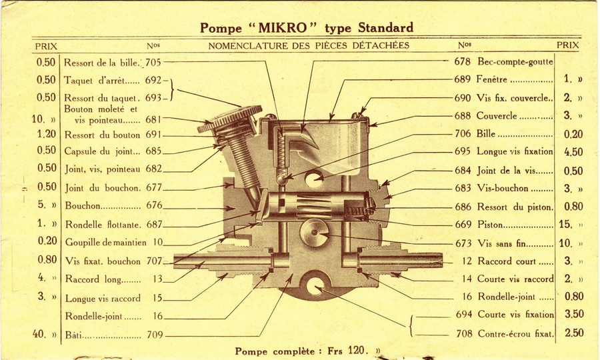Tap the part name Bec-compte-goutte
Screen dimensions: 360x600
click(x=515, y=61)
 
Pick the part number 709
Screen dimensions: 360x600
click(x=153, y=334)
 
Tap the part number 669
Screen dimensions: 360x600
click(x=463, y=225)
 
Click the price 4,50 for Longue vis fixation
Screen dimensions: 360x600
click(x=573, y=152)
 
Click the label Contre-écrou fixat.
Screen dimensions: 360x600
click(x=516, y=333)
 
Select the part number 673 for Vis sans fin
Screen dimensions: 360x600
click(x=463, y=243)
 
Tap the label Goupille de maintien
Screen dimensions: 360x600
click(x=105, y=243)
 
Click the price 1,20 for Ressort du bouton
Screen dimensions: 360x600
click(x=46, y=133)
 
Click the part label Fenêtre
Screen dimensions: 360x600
click(x=493, y=79)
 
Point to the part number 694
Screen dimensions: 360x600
click(x=464, y=314)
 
